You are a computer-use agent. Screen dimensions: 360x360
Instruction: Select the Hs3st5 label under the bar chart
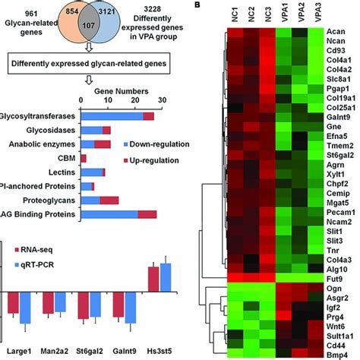pyautogui.click(x=163, y=352)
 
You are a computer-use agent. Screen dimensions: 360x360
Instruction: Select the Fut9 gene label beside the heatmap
pyautogui.click(x=341, y=279)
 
